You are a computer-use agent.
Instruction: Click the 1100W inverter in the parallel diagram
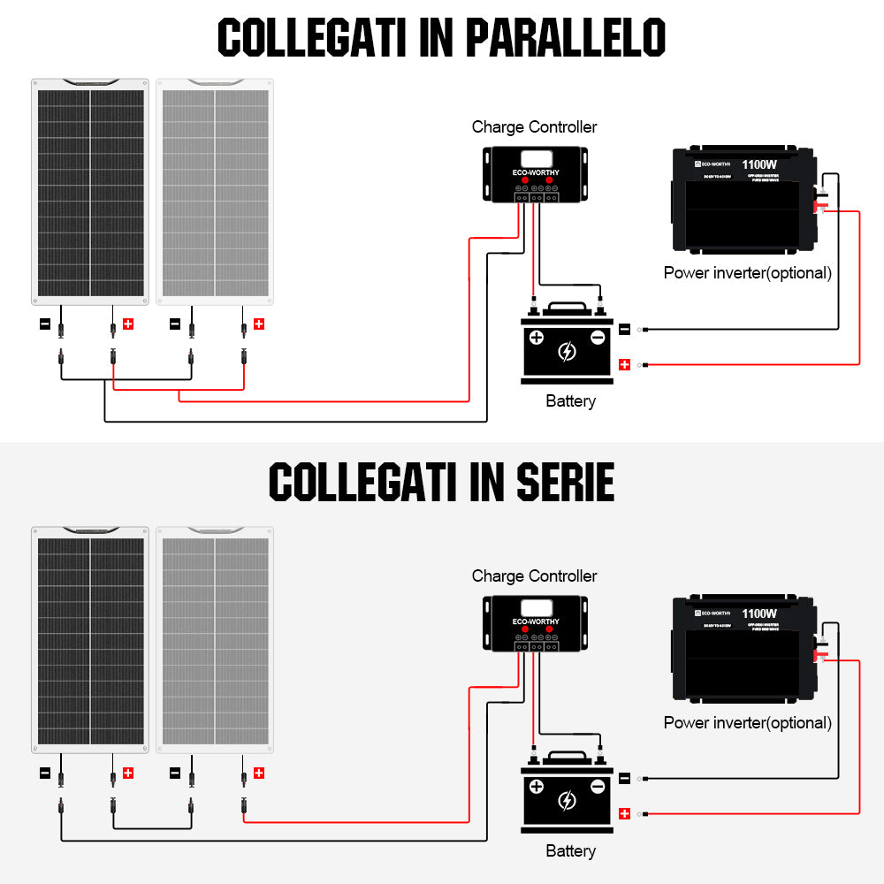pyautogui.click(x=743, y=202)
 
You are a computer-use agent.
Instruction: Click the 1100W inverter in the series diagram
pyautogui.click(x=743, y=652)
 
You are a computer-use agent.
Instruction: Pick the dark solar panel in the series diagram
pyautogui.click(x=90, y=637)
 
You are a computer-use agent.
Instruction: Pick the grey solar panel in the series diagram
pyautogui.click(x=215, y=637)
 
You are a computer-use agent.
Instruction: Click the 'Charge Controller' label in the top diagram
pyautogui.click(x=534, y=127)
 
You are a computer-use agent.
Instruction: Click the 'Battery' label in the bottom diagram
pyautogui.click(x=570, y=850)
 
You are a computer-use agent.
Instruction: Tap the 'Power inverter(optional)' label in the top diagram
pyautogui.click(x=747, y=272)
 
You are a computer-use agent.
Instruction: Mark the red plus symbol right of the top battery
pyautogui.click(x=624, y=364)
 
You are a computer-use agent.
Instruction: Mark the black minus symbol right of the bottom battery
pyautogui.click(x=624, y=778)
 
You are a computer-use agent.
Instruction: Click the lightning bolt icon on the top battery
pyautogui.click(x=567, y=352)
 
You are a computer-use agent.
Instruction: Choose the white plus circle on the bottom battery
pyautogui.click(x=537, y=786)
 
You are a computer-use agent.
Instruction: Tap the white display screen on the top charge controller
pyautogui.click(x=535, y=160)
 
